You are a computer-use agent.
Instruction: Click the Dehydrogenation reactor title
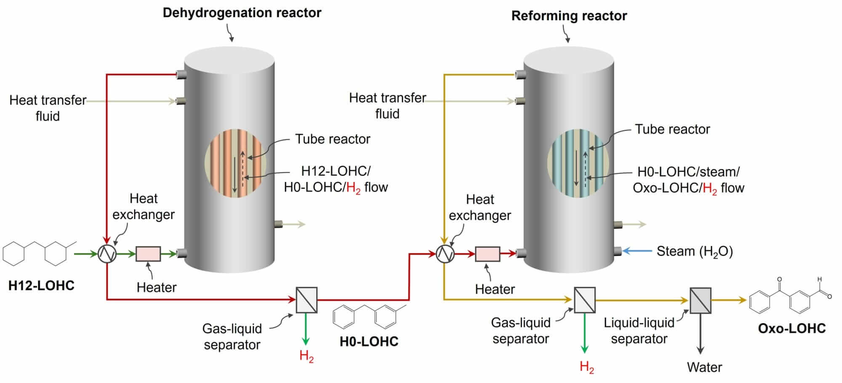pos(242,13)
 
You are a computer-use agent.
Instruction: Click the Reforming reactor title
pos(569,16)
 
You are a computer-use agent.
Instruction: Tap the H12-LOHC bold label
pos(41,286)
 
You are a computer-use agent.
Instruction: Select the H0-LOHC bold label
pos(369,341)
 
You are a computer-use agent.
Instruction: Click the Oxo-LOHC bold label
pos(791,329)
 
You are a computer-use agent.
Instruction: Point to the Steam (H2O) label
pos(695,252)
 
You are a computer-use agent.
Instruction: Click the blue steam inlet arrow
pos(636,251)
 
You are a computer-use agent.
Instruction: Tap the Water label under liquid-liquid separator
pos(704,367)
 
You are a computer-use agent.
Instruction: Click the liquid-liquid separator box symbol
pos(701,300)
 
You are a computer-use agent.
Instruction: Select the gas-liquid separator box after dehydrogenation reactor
pos(306,300)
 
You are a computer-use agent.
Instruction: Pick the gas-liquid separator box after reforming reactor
pos(585,300)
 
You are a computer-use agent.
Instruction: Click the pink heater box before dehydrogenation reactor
pos(148,254)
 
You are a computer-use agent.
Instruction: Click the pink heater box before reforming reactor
pos(488,254)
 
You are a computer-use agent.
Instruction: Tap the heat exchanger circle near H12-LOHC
pos(107,254)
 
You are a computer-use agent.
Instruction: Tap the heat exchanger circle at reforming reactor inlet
pos(445,254)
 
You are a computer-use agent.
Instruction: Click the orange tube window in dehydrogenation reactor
pos(235,163)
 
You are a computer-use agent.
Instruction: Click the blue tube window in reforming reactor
pos(578,163)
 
